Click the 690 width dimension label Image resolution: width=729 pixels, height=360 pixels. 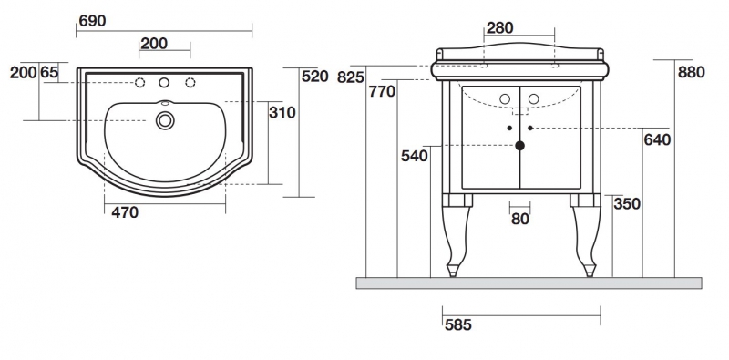click(x=93, y=21)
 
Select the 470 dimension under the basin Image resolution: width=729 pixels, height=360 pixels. click(x=125, y=212)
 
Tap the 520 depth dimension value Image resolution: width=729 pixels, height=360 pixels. click(x=314, y=76)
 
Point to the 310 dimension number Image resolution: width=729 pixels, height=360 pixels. click(x=282, y=112)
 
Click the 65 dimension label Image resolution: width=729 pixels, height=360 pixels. click(x=49, y=72)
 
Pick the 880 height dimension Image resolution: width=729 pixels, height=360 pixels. click(x=692, y=72)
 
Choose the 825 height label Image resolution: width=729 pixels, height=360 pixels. click(x=351, y=77)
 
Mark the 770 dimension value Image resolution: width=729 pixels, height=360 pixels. click(x=382, y=92)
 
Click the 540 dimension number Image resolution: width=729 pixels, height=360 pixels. click(x=415, y=156)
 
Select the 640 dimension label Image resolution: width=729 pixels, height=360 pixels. click(x=657, y=139)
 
